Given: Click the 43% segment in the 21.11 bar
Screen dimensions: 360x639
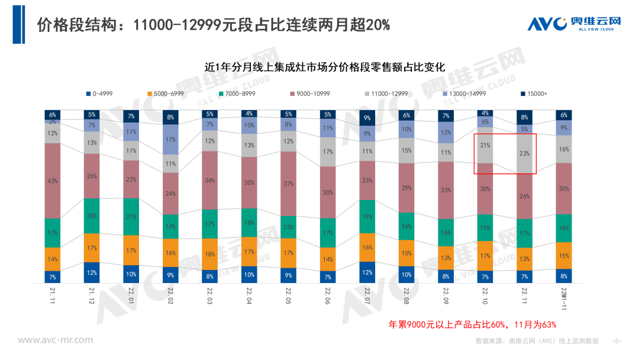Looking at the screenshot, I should pos(53,181).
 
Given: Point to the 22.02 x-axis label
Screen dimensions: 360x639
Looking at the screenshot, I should pos(171,294).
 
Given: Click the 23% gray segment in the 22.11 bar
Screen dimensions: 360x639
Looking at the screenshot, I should pos(525,153).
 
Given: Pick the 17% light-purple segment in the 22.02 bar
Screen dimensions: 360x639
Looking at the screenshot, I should pos(171,140).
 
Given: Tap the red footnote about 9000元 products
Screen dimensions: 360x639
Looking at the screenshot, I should pos(472,324).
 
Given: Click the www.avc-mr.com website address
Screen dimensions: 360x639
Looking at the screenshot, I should pos(56,340).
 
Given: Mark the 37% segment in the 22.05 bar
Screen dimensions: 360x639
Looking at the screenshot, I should pos(289,184).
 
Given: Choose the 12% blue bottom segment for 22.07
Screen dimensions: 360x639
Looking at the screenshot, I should pos(367,272).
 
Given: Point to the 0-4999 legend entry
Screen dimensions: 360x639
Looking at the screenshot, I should pos(101,94).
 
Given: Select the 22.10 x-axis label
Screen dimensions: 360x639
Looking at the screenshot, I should pos(485,294).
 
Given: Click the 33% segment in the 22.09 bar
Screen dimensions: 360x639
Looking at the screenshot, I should pos(446,190).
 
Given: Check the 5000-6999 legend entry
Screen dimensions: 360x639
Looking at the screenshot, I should pos(167,94).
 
